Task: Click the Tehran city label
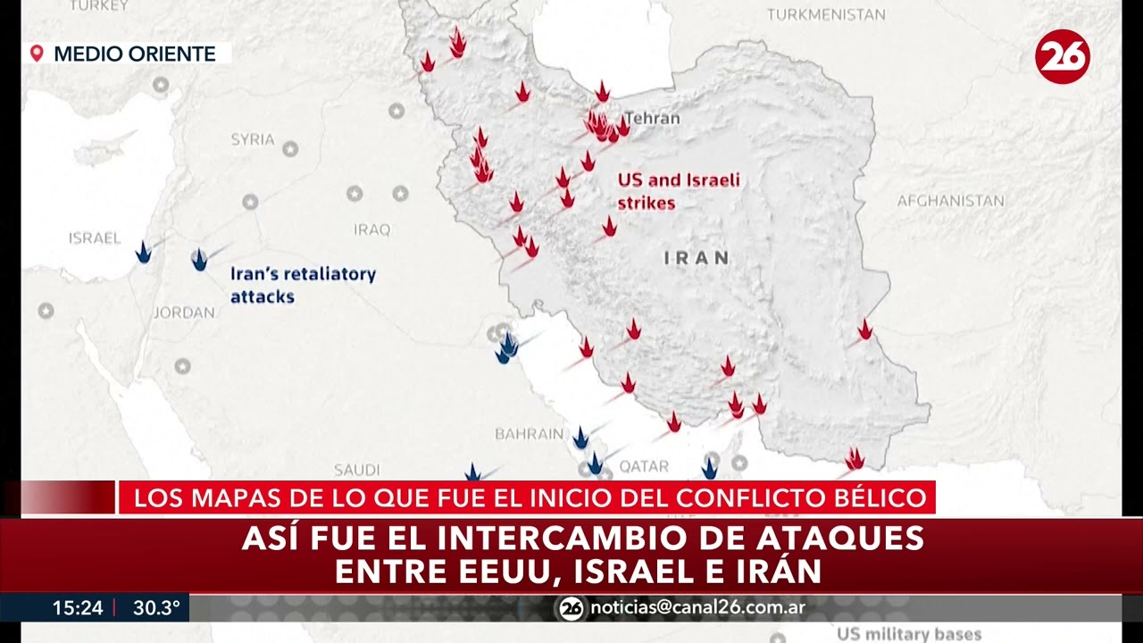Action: click(x=652, y=118)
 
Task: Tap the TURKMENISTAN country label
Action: click(x=826, y=14)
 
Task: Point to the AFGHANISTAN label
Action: click(x=950, y=201)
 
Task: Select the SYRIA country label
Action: click(x=253, y=139)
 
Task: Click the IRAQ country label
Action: click(x=371, y=230)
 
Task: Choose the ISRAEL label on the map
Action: click(x=94, y=238)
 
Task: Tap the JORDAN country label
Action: click(x=184, y=313)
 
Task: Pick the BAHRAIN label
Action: click(x=530, y=434)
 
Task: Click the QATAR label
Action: click(x=644, y=466)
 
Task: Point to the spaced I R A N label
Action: click(x=697, y=258)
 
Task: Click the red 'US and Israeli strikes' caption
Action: click(x=679, y=191)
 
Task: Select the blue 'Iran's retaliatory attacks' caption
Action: click(x=303, y=285)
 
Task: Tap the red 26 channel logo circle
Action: click(x=1063, y=56)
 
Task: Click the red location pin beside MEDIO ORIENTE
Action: click(x=37, y=54)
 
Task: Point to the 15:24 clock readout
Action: click(x=78, y=608)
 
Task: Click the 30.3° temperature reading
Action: click(x=156, y=608)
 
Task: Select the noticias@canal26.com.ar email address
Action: click(x=697, y=608)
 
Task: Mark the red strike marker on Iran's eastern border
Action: click(x=864, y=330)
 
